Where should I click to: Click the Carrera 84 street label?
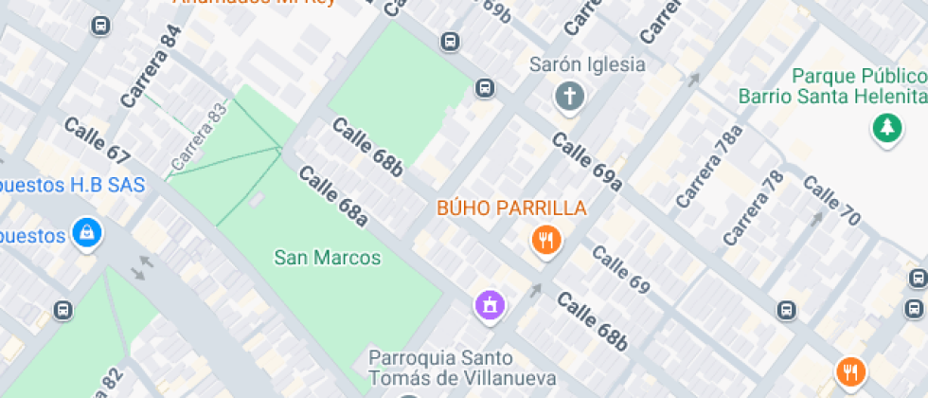point(151,66)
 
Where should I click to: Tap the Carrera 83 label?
point(200,137)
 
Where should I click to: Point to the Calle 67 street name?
point(97,140)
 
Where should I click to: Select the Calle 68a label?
point(332,197)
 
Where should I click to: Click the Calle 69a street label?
point(587,161)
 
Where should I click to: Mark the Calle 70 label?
point(831,201)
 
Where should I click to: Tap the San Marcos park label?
point(328,257)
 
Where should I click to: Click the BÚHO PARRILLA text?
point(511,208)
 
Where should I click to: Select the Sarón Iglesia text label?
point(587,65)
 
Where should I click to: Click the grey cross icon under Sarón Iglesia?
point(569,96)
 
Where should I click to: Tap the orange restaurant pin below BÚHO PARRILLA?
point(545,241)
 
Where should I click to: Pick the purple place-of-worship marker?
point(490,305)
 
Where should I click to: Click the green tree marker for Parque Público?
point(886,128)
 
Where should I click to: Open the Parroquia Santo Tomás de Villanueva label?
point(440,368)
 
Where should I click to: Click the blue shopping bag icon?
point(86,233)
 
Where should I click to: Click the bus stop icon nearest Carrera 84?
point(100,26)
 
